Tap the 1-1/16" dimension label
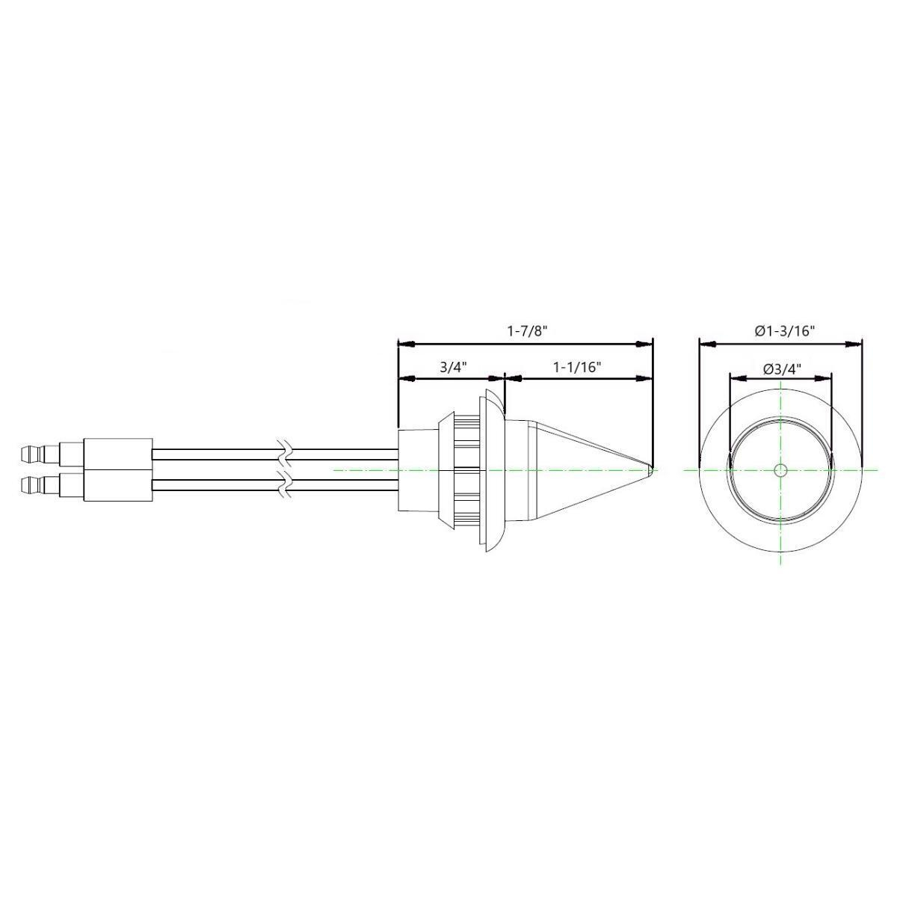[577, 367]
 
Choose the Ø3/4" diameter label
[782, 367]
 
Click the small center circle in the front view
[780, 470]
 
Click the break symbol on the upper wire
[285, 452]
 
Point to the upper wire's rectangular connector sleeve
[118, 453]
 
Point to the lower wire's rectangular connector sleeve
[118, 486]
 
